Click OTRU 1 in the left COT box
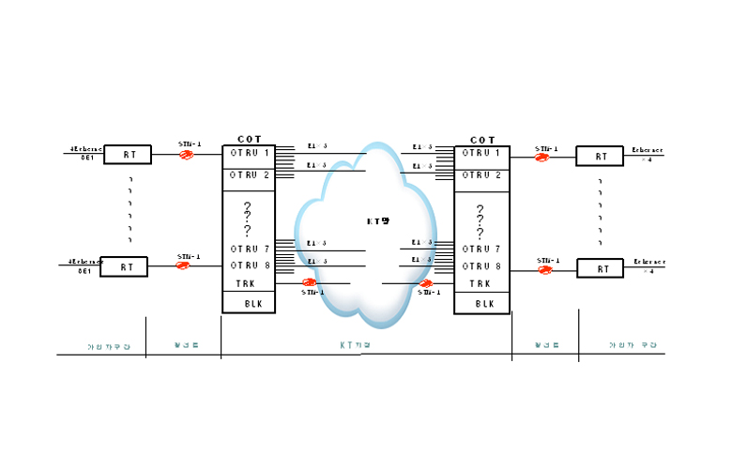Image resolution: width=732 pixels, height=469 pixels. click(x=250, y=153)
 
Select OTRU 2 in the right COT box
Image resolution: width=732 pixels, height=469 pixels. click(x=480, y=175)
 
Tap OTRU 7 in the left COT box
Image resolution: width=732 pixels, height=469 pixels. click(x=250, y=249)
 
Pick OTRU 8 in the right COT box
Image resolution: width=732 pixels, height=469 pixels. click(x=480, y=266)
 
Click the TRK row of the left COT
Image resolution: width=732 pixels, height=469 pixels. click(x=245, y=283)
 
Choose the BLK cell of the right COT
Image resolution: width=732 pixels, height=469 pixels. click(x=484, y=304)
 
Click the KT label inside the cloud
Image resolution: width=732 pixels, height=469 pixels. click(x=377, y=221)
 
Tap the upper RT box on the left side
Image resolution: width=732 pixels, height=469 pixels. click(x=128, y=155)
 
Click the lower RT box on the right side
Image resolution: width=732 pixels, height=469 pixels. click(x=600, y=268)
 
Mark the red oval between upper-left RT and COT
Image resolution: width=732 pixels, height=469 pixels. click(x=187, y=155)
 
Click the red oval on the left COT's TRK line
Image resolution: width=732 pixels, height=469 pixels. click(x=309, y=281)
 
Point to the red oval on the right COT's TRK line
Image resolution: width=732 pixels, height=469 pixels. click(x=426, y=283)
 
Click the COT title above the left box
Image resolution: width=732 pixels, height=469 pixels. click(x=249, y=139)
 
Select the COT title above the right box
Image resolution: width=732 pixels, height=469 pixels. click(x=482, y=140)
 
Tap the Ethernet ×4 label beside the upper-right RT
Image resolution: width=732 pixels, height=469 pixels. click(x=647, y=154)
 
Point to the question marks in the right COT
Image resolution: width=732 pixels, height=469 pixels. click(x=480, y=220)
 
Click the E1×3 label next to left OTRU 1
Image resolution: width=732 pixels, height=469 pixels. click(x=317, y=146)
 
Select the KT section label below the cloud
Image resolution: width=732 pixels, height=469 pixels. click(x=356, y=345)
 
